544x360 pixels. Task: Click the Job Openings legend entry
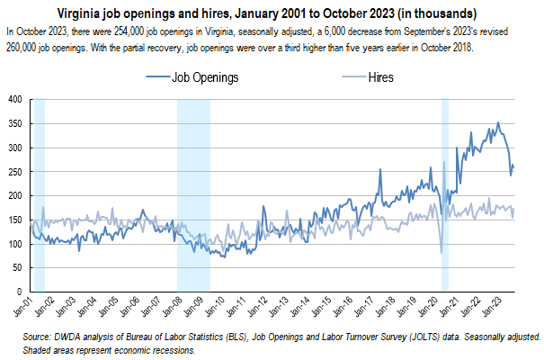tap(204, 77)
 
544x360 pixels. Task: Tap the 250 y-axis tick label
tap(16, 171)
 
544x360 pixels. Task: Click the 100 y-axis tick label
tap(16, 244)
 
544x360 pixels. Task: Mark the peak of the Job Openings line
tap(498, 123)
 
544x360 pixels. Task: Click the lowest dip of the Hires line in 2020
tap(441, 252)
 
